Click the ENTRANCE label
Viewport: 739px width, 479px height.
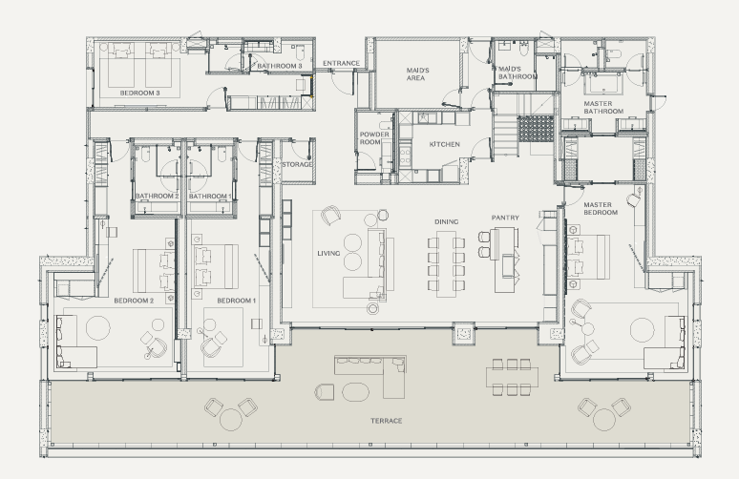(x=341, y=63)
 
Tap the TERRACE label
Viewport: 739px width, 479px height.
(x=386, y=421)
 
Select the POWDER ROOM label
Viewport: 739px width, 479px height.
(x=374, y=138)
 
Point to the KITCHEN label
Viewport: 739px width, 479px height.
(x=444, y=144)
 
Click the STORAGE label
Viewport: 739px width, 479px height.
(x=297, y=164)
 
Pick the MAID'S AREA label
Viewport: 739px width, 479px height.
(x=417, y=73)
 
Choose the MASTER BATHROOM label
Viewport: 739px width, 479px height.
(x=603, y=108)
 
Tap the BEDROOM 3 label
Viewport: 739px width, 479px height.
(x=139, y=93)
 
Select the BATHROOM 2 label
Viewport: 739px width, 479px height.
(x=157, y=196)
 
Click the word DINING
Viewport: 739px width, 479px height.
(x=446, y=221)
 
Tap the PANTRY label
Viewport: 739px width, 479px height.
(x=505, y=218)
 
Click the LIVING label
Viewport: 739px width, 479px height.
(x=328, y=254)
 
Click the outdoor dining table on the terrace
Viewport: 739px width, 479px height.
(x=512, y=376)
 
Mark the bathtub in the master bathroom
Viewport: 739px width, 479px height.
(x=603, y=84)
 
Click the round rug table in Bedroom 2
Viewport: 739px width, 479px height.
(x=98, y=327)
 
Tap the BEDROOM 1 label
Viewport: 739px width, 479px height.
(x=236, y=301)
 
